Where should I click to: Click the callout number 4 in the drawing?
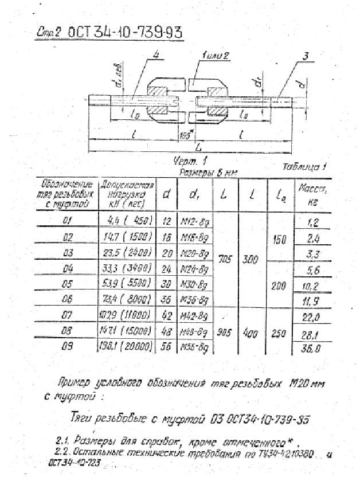pyautogui.click(x=157, y=55)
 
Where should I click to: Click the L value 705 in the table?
pyautogui.click(x=225, y=260)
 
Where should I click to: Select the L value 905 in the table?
pyautogui.click(x=224, y=332)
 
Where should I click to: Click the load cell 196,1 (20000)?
pyautogui.click(x=126, y=346)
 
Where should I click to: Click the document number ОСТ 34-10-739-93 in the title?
pyautogui.click(x=125, y=33)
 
